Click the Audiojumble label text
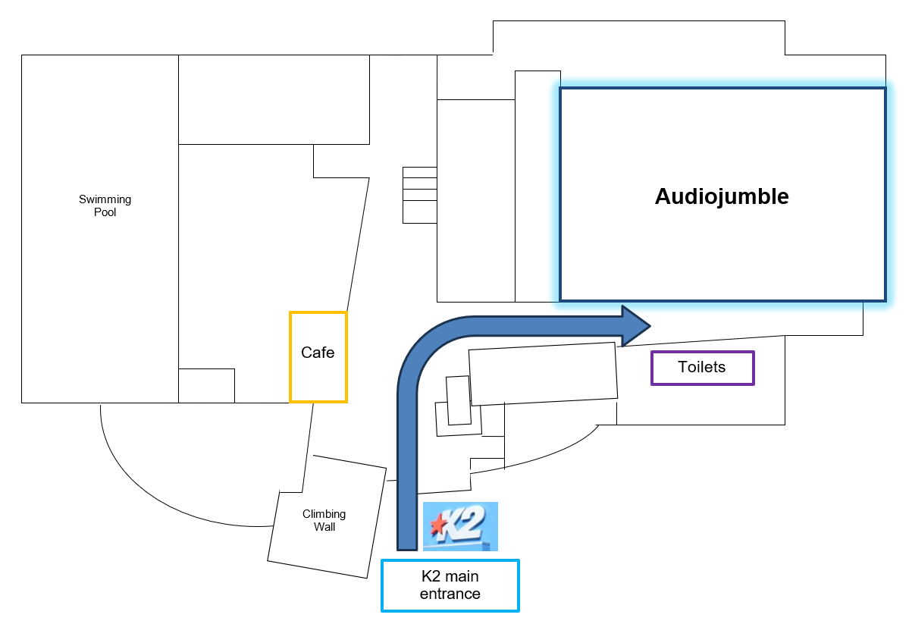click(722, 196)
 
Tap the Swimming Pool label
click(105, 206)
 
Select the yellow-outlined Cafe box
click(318, 356)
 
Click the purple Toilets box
click(702, 368)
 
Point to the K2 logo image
click(460, 525)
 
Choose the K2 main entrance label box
click(450, 585)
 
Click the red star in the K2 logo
click(437, 524)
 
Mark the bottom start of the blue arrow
click(407, 542)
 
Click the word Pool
click(105, 213)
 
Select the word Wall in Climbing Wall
click(324, 527)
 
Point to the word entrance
click(450, 594)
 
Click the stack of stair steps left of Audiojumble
click(419, 195)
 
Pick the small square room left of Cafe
click(206, 385)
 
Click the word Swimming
click(105, 199)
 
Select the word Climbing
click(324, 514)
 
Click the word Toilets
click(702, 368)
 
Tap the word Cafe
click(318, 353)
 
